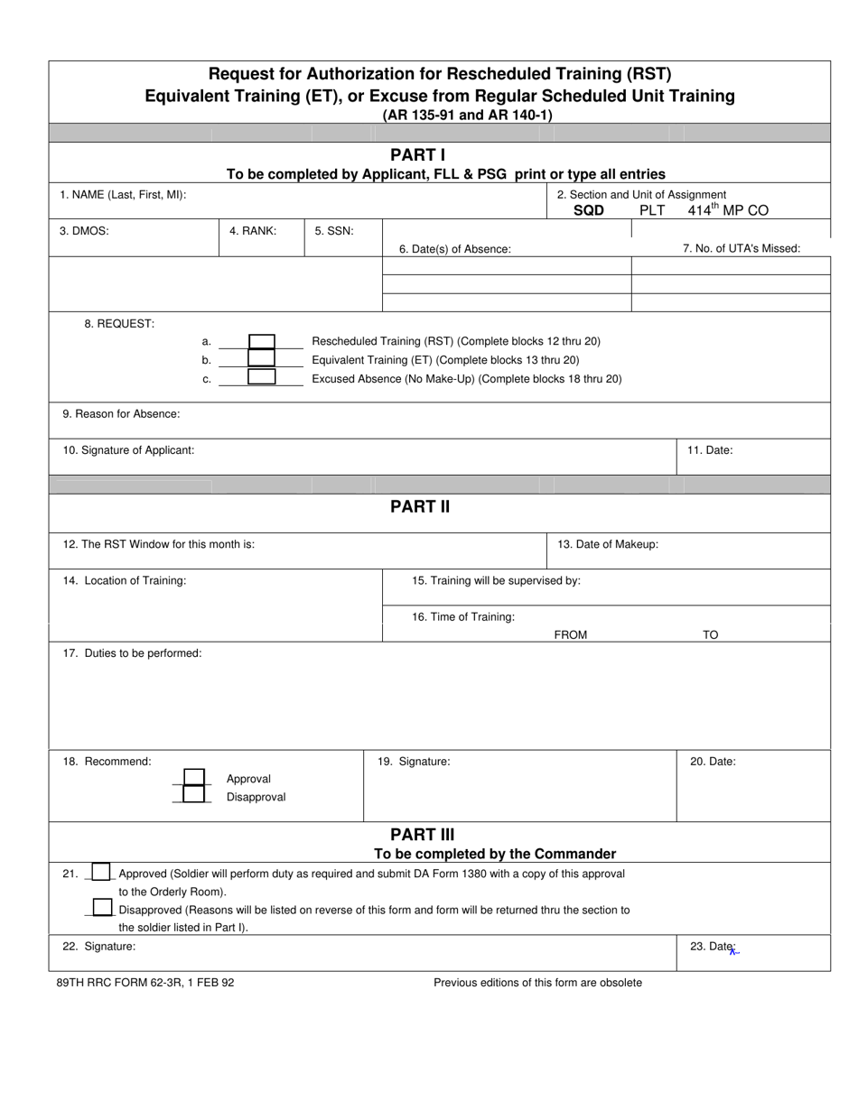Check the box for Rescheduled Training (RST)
click(261, 341)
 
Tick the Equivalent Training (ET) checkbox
click(261, 359)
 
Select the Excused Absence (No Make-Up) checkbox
click(261, 377)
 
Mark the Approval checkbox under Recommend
click(194, 778)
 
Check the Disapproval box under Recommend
click(194, 795)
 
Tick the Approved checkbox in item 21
click(102, 873)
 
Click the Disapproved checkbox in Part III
click(102, 908)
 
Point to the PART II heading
click(419, 506)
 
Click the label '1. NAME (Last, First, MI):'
click(123, 195)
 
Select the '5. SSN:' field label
click(334, 231)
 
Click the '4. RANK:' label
click(253, 231)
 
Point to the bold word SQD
click(589, 211)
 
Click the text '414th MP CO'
click(728, 210)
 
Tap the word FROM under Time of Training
click(570, 634)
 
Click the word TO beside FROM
click(711, 634)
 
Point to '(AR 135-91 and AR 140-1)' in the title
click(467, 115)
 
